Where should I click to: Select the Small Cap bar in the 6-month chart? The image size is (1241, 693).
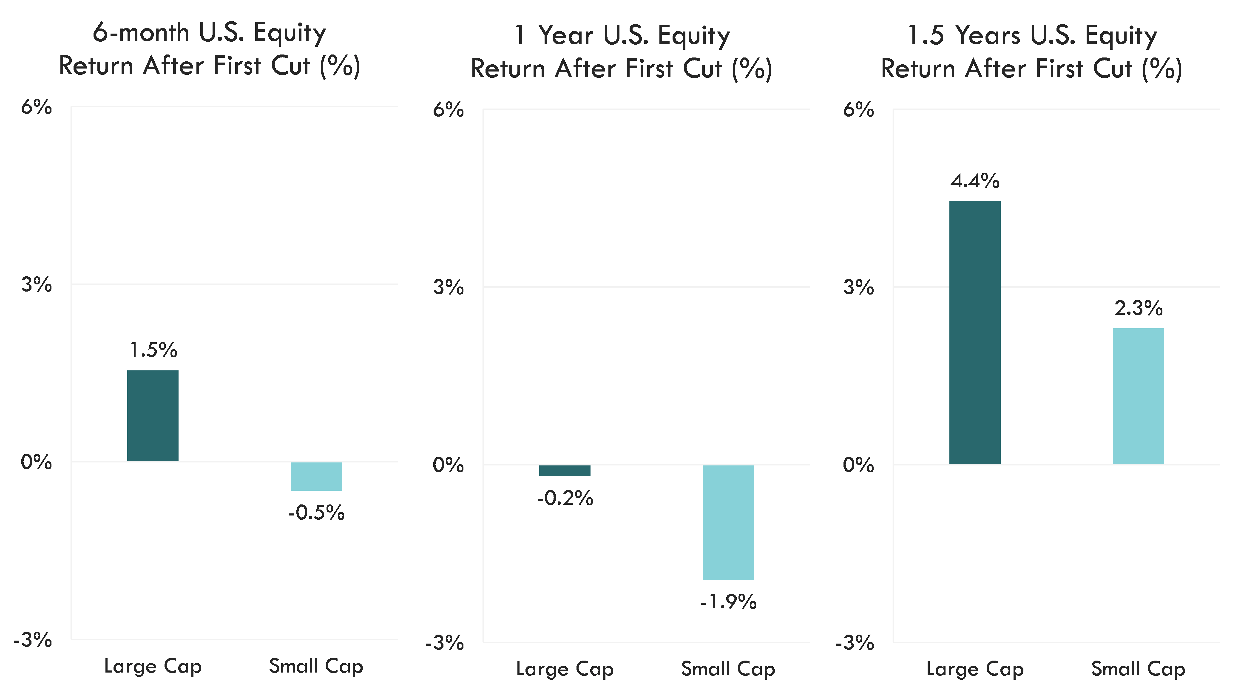pyautogui.click(x=316, y=476)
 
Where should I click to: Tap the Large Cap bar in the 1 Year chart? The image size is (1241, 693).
pyautogui.click(x=565, y=470)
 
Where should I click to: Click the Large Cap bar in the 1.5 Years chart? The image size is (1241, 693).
pyautogui.click(x=975, y=332)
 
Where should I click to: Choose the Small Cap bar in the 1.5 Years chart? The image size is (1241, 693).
pyautogui.click(x=1138, y=396)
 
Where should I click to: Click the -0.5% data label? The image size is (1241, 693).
pyautogui.click(x=316, y=512)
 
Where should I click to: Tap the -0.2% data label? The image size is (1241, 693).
pyautogui.click(x=565, y=498)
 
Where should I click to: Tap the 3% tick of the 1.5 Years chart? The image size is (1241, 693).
pyautogui.click(x=858, y=287)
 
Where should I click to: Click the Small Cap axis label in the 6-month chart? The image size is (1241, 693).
pyautogui.click(x=316, y=667)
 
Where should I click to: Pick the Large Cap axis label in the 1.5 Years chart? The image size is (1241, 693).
pyautogui.click(x=975, y=669)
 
